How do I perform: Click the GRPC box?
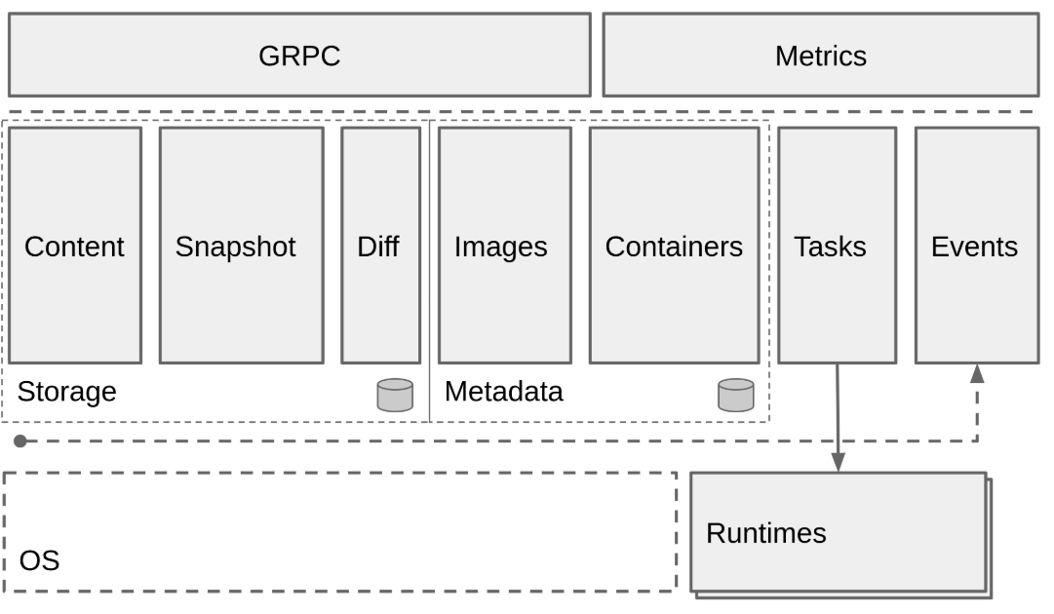coord(299,56)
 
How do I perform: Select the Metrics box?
coord(821,56)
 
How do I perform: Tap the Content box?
coord(75,246)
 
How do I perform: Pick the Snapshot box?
coord(241,246)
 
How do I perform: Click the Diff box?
coord(381,246)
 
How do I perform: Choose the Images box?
coord(505,246)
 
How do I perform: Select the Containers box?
coord(674,246)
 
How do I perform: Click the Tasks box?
coord(838,246)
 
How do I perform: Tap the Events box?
coord(977,246)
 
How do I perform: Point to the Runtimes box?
coord(839,533)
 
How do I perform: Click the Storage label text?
coord(66,392)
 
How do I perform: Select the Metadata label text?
coord(503,392)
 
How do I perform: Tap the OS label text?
coord(39,561)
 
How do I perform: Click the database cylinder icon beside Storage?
coord(395,395)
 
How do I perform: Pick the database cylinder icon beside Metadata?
coord(736,395)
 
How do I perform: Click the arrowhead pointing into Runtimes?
coord(839,462)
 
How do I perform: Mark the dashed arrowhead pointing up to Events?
coord(977,373)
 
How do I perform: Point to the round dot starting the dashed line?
coord(20,441)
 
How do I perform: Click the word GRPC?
coord(299,56)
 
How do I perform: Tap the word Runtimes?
coord(766,533)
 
